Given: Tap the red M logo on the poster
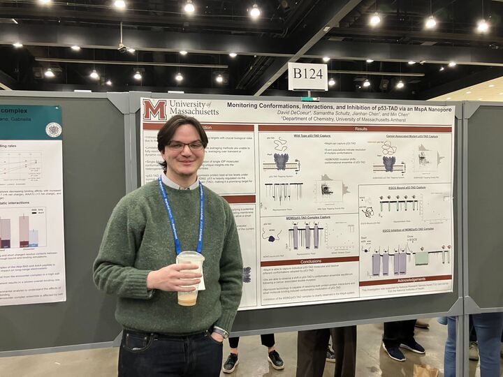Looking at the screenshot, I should click(x=154, y=110).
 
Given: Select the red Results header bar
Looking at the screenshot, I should click(x=361, y=128).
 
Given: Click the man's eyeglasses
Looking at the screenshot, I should click(x=184, y=146).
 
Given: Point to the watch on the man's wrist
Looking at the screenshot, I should click(x=220, y=332).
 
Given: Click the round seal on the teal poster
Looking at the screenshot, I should click(x=53, y=129).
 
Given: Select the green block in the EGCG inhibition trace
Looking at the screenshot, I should click(x=421, y=258).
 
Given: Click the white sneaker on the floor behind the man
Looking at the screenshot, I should click(x=231, y=362).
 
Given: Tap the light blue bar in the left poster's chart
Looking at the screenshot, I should click(x=34, y=237).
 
